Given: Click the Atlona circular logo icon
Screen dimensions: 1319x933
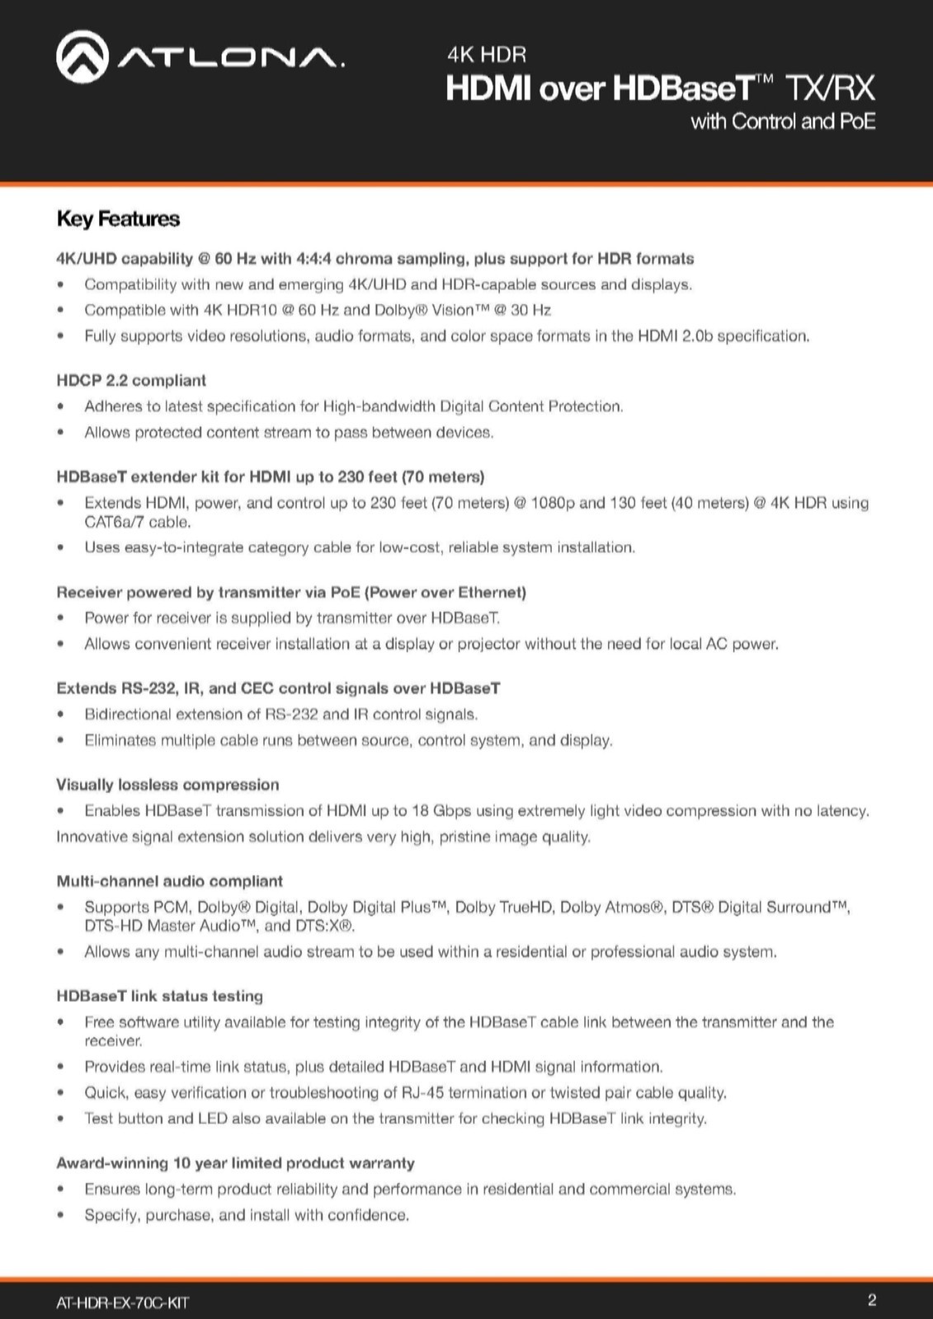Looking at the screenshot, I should [82, 57].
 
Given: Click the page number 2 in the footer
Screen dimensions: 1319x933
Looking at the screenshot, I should [872, 1300].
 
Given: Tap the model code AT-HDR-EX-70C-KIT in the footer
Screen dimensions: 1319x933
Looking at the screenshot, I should [122, 1303].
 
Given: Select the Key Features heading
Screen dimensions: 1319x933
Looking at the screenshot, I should [118, 218].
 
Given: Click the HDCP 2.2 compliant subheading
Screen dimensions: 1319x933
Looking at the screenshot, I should [131, 380].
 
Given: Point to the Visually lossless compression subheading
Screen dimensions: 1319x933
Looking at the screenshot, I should [167, 785].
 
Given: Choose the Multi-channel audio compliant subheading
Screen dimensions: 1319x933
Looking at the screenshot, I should [169, 881].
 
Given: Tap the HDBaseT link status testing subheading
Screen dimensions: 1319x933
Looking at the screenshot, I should [159, 996].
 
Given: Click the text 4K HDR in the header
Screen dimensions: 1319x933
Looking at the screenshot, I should [486, 54].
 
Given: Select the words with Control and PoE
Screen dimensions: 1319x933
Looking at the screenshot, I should [783, 121].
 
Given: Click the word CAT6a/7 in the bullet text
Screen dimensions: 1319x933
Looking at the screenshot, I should [112, 522].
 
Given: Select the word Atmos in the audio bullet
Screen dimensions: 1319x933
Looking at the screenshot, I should [628, 907].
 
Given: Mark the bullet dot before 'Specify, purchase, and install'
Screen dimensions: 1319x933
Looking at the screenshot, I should [60, 1215].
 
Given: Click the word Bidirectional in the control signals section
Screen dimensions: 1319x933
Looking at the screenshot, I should [130, 714].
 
